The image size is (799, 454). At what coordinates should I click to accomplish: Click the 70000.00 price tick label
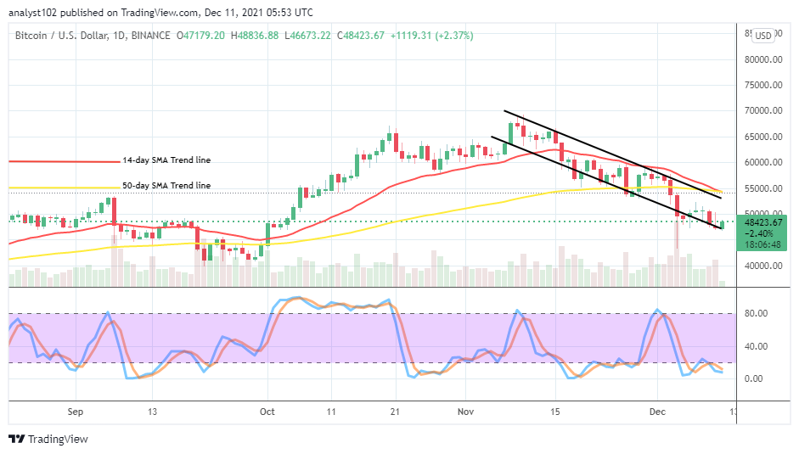[763, 111]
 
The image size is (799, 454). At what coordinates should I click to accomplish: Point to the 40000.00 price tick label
[763, 266]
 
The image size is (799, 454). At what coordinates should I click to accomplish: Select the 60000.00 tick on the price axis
[763, 163]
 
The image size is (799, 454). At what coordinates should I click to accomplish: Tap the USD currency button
[763, 36]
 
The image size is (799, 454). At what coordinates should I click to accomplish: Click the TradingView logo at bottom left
[48, 439]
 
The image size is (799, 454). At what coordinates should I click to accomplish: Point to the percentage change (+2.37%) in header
[454, 36]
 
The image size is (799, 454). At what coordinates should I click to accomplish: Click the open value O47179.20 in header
[201, 36]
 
